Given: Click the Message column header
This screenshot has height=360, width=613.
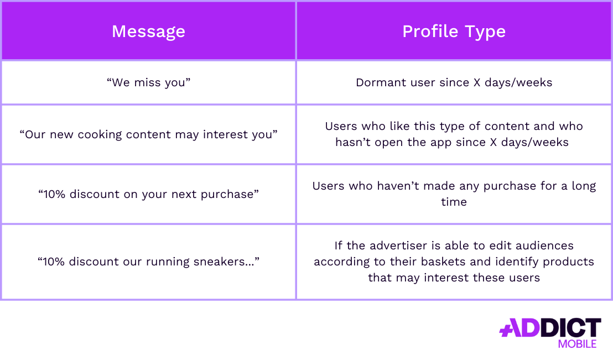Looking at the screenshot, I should click(x=148, y=31).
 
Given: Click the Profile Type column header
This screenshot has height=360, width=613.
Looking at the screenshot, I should click(x=454, y=31).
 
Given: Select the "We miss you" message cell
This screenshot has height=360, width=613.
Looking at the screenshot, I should click(x=148, y=82).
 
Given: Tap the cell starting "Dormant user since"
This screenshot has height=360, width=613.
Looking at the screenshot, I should click(x=454, y=82).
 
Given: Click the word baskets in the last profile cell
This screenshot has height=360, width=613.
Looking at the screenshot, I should click(x=460, y=261).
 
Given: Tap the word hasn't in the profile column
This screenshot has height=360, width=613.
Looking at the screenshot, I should click(x=355, y=142).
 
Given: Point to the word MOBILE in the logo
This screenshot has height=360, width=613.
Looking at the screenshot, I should click(x=577, y=344).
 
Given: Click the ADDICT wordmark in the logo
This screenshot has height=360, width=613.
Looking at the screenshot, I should click(x=550, y=327).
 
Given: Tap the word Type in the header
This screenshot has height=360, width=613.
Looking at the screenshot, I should click(x=485, y=31).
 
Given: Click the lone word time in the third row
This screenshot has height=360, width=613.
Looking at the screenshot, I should click(x=454, y=202).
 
